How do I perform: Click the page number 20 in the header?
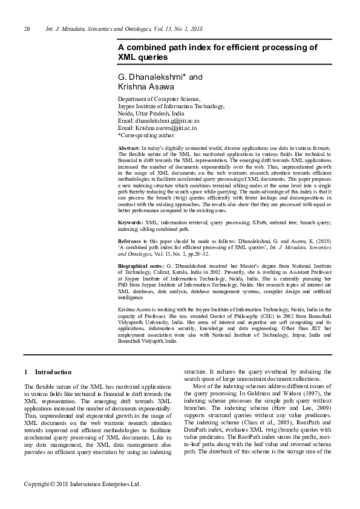(x=27, y=29)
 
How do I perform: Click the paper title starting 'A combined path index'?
(x=216, y=52)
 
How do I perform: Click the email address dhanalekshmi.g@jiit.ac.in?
(x=158, y=121)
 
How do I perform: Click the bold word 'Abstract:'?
(x=129, y=148)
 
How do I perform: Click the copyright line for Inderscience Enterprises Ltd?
(x=82, y=484)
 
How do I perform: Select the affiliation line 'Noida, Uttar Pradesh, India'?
(x=151, y=114)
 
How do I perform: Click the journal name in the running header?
(x=124, y=29)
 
